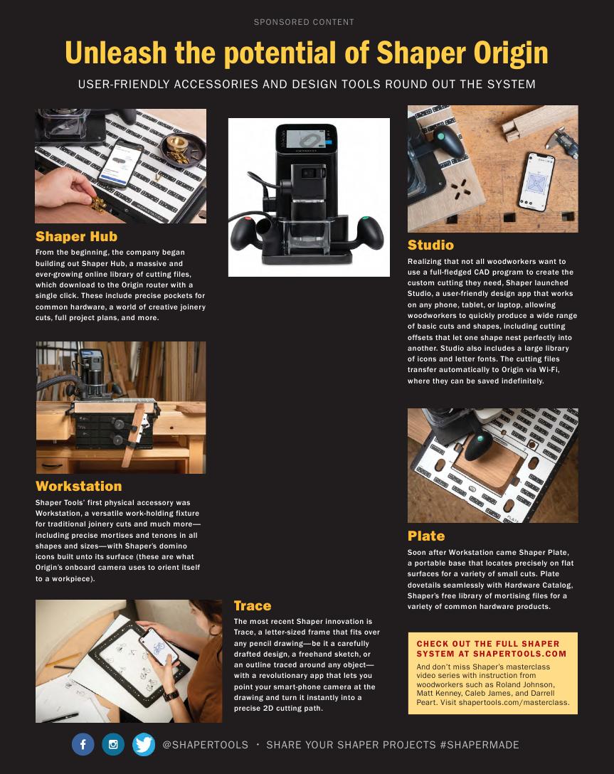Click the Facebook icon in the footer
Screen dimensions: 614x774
(x=83, y=744)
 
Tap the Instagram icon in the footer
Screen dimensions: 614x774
(x=113, y=744)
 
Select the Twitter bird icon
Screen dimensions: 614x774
(x=144, y=744)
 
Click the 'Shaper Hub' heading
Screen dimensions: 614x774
(x=77, y=236)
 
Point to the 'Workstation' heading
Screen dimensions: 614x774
(x=78, y=486)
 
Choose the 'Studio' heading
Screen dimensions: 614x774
(x=430, y=245)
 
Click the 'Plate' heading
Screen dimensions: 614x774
(x=426, y=536)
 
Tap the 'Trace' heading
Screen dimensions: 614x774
(x=253, y=605)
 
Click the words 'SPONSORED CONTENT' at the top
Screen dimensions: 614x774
(x=304, y=22)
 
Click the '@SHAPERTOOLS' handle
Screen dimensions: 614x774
(x=206, y=745)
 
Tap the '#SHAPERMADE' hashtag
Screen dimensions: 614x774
(x=480, y=745)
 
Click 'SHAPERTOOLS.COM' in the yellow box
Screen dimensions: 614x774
(x=519, y=654)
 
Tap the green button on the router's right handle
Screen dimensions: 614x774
(x=365, y=219)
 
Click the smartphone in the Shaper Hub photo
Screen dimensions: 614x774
(x=121, y=164)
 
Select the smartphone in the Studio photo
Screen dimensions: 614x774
(x=536, y=181)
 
